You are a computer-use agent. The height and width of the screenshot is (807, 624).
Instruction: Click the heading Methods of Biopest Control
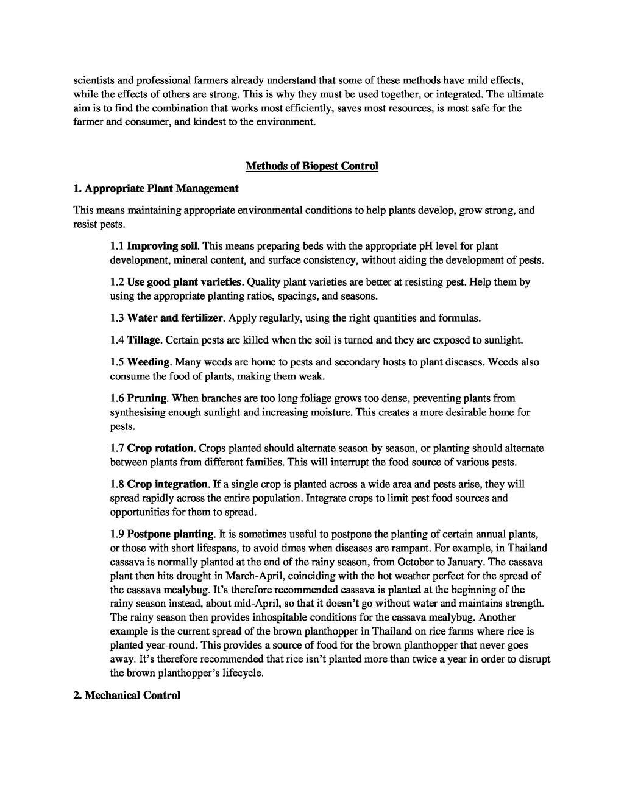pos(311,166)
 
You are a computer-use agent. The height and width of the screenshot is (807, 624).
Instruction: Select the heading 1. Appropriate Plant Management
pos(156,188)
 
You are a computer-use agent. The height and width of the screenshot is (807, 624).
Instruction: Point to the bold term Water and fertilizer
pos(176,318)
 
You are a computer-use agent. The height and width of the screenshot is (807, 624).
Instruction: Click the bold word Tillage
pos(144,339)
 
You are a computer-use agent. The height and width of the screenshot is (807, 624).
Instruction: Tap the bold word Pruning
pos(147,398)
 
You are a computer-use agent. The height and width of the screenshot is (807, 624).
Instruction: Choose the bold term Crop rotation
pos(160,448)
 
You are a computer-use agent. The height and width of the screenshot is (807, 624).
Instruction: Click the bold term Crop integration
pos(168,484)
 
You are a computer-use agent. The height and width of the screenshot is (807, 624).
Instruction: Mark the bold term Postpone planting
pos(171,534)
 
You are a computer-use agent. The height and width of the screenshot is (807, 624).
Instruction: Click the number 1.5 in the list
pos(117,362)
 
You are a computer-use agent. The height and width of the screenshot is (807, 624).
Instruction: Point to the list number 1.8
pos(117,484)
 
